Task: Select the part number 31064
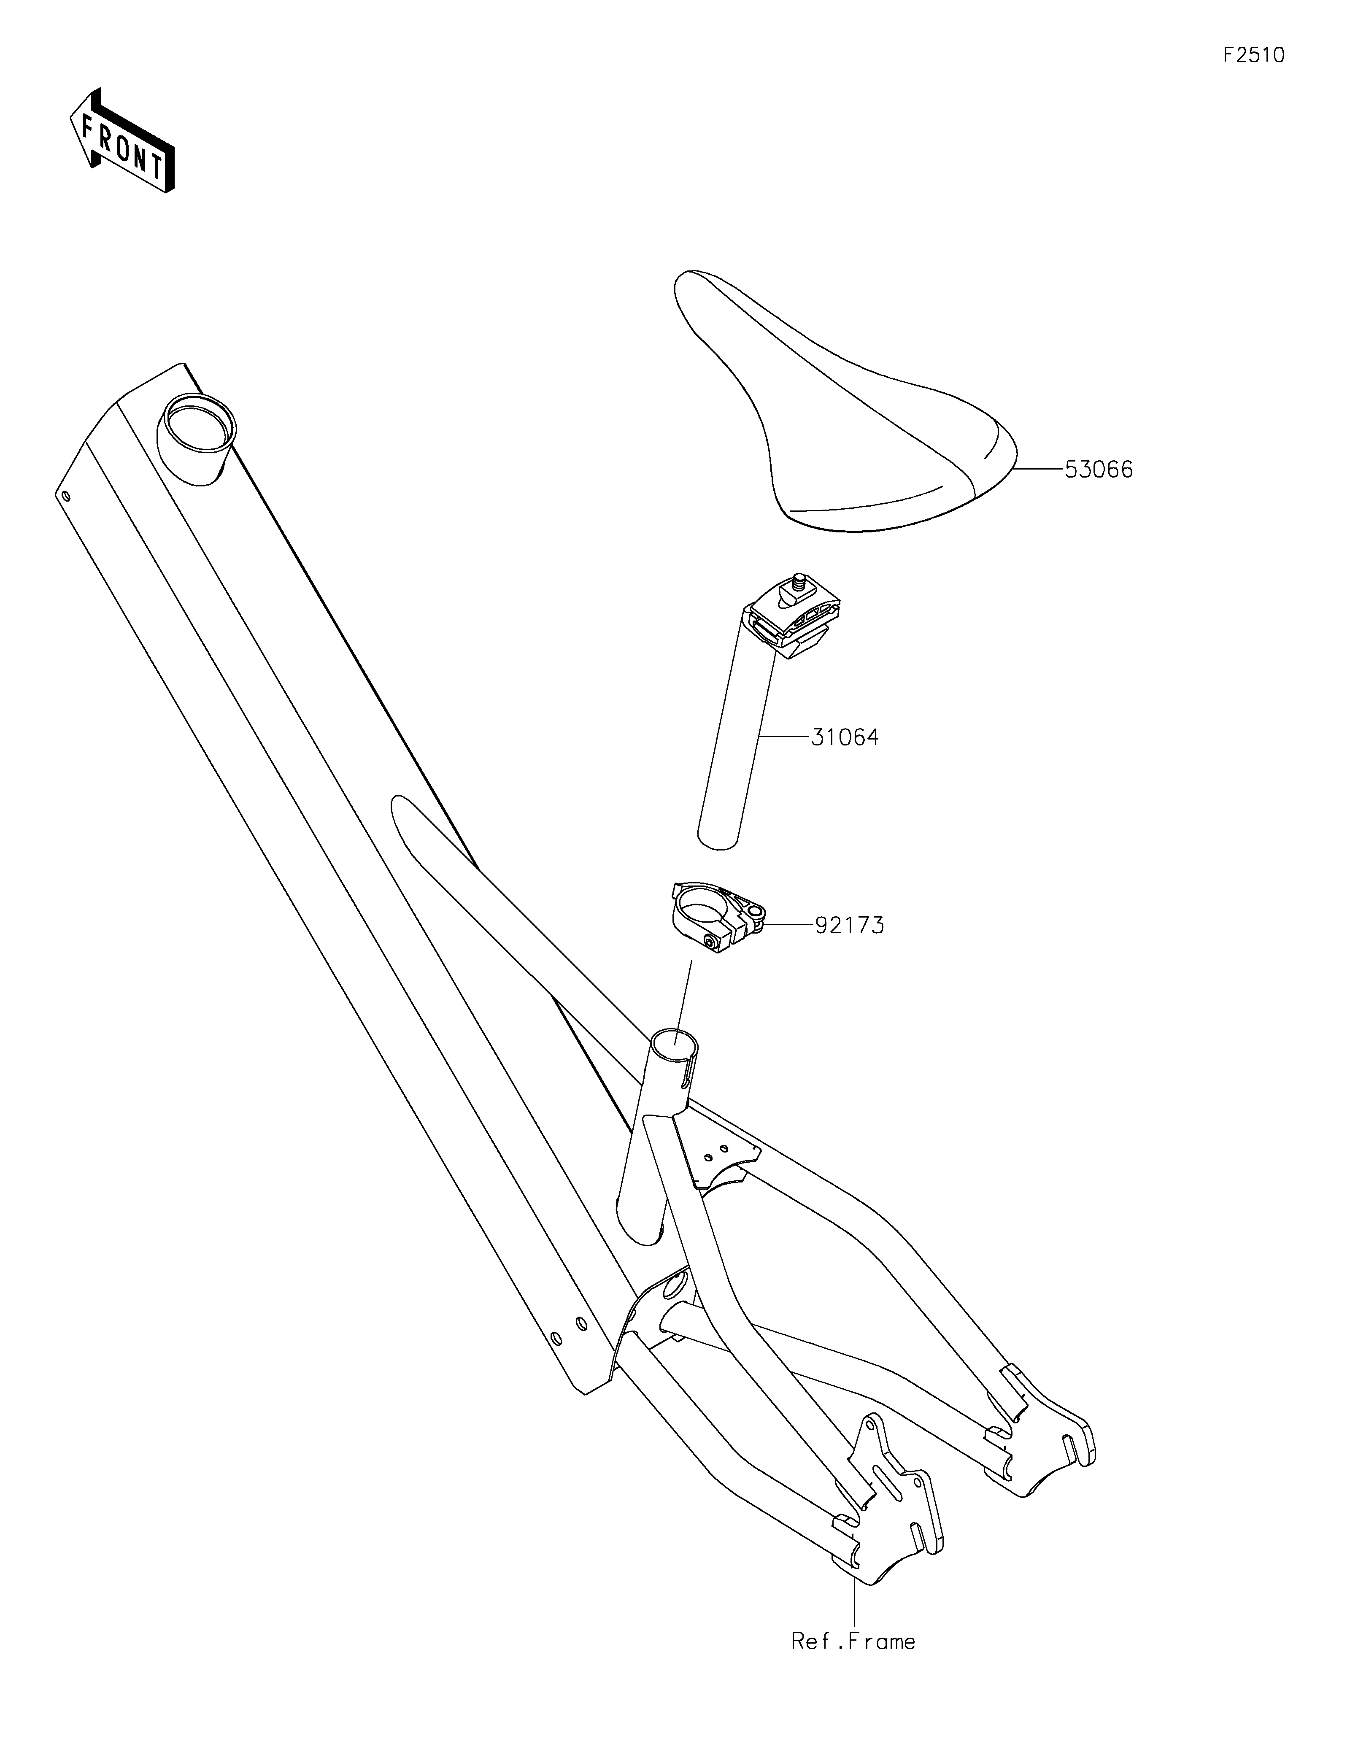coord(845,737)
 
